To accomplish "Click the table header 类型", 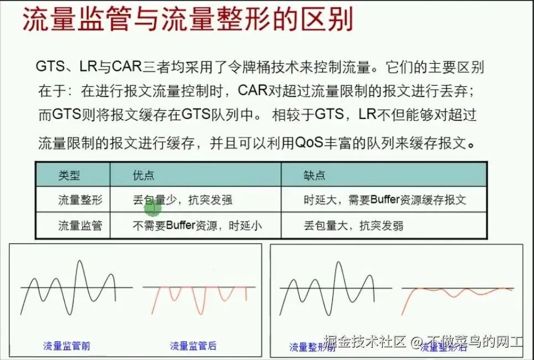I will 69,176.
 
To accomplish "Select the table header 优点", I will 143,176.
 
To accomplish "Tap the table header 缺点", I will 314,176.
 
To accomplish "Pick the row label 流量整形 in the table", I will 80,200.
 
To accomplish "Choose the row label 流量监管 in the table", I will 80,225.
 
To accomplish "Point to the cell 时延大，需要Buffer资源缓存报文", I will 385,200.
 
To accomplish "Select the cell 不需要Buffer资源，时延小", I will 197,225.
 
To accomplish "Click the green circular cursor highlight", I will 152,208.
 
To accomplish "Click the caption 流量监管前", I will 66,346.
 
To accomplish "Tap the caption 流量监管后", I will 193,346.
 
